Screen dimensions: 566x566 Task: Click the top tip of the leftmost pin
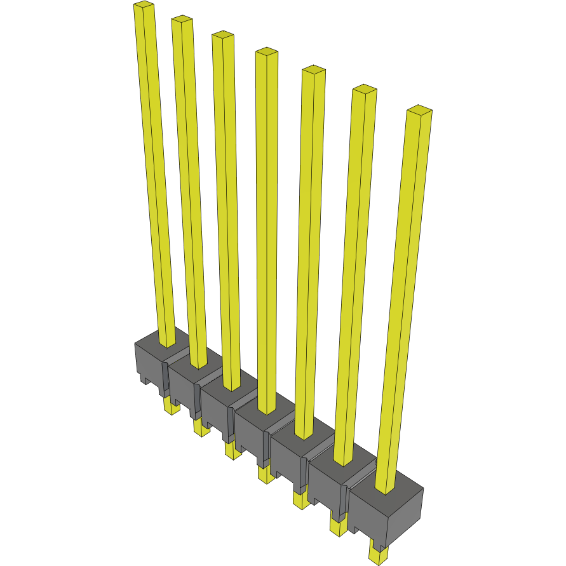tap(144, 6)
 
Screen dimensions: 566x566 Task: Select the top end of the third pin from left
tap(222, 35)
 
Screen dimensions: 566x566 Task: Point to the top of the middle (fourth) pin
tap(267, 51)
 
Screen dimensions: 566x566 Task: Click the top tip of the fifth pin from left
tap(314, 70)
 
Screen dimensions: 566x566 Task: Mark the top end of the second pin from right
tap(365, 89)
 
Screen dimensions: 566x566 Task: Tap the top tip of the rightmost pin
tap(419, 110)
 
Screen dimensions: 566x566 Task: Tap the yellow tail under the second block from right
tap(337, 526)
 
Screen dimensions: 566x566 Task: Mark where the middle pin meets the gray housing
tap(266, 410)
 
